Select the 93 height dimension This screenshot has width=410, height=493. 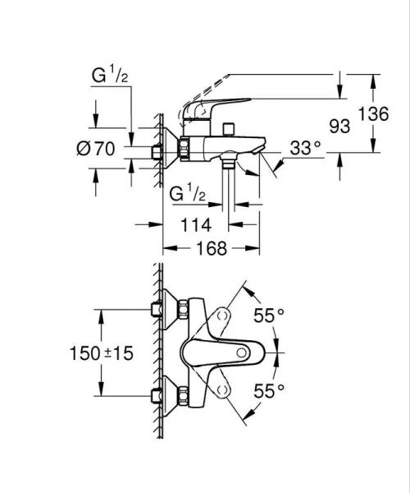[x=339, y=127]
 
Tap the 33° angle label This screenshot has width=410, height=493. [x=305, y=148]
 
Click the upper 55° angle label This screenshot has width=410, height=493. [x=268, y=314]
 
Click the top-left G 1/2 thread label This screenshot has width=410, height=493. [x=108, y=77]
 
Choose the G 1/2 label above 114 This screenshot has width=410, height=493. [x=186, y=195]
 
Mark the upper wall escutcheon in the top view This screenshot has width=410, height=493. [x=170, y=310]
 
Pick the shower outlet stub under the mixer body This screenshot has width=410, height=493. [x=228, y=164]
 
